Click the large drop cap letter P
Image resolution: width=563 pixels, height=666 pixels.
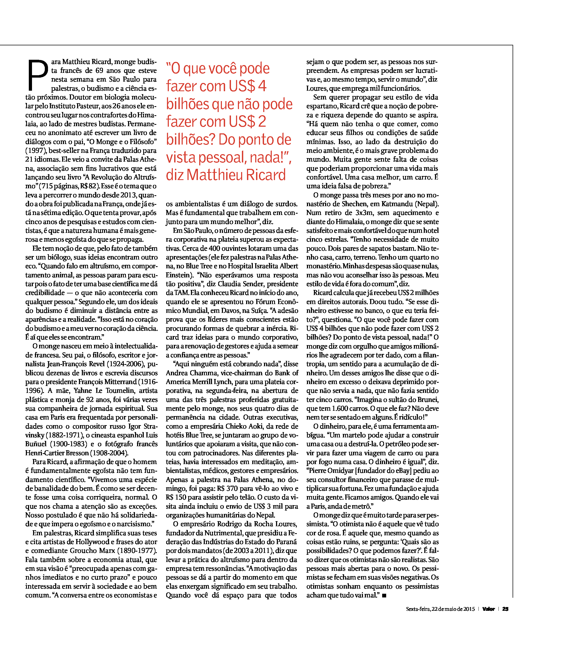[38, 75]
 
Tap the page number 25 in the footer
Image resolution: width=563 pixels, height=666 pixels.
[505, 609]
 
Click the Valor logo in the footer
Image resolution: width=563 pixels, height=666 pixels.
[488, 609]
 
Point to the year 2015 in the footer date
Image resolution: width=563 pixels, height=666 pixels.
[469, 609]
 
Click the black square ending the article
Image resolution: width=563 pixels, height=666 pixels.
[384, 595]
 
